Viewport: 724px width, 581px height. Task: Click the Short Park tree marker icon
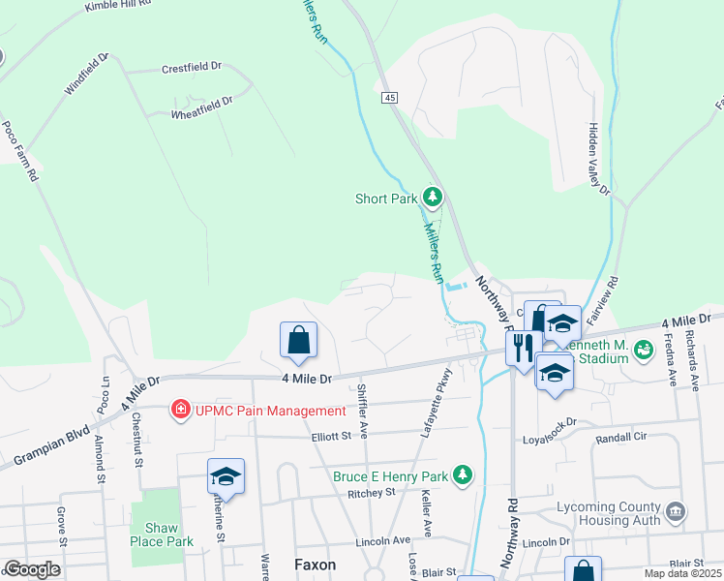point(433,199)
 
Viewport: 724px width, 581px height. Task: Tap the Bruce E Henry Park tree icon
point(464,475)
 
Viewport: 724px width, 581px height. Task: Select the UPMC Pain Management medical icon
point(179,411)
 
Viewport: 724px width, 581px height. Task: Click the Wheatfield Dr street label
point(201,107)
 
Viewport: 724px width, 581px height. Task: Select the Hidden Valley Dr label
point(598,160)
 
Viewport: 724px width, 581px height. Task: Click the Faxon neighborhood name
point(315,565)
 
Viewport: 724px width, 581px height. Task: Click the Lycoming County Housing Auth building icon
point(676,509)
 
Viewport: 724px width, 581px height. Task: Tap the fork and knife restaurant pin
point(523,348)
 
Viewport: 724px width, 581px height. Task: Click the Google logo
point(31,569)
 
